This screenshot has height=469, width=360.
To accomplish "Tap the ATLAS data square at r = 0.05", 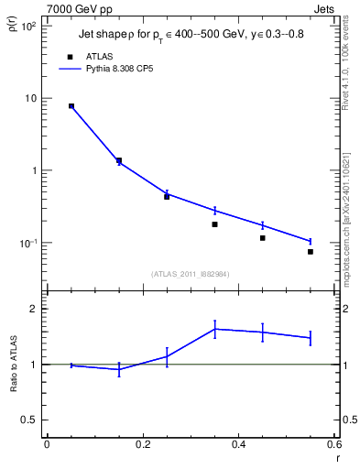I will click(71, 106).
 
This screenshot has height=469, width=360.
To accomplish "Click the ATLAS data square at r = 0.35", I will click(214, 224).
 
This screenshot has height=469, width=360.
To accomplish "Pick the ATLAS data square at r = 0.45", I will click(263, 238).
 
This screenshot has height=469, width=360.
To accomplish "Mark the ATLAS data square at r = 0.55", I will click(311, 252).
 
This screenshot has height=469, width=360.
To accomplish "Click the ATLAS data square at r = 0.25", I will click(167, 196).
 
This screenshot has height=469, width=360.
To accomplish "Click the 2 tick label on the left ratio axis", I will click(33, 310).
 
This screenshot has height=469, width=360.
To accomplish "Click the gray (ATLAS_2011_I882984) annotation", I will click(191, 273).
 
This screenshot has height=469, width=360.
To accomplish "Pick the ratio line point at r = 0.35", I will click(214, 329).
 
